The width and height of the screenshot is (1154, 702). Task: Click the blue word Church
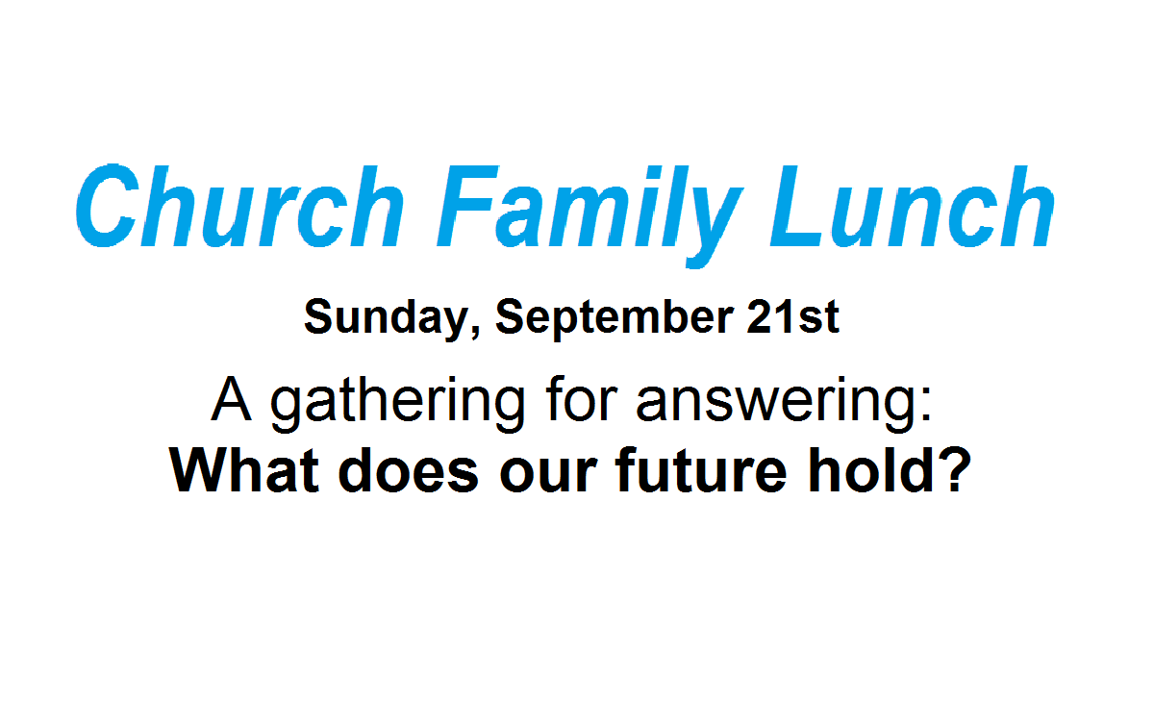point(239,206)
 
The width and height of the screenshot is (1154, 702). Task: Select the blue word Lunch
point(913,206)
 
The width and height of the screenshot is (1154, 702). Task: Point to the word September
point(615,319)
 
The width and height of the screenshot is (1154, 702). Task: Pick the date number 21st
point(793,316)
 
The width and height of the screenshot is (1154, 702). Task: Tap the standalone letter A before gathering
point(232,399)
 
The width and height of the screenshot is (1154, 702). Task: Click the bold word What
point(243,469)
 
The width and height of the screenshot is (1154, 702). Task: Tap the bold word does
point(409,469)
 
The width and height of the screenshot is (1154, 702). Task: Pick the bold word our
point(549,475)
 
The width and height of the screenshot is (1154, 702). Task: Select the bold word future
point(701,469)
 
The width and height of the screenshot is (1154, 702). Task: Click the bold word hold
point(870,469)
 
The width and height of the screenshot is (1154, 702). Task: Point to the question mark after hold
point(954,469)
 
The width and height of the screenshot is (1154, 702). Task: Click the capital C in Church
point(108,206)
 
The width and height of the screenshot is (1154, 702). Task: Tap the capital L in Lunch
point(796,206)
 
